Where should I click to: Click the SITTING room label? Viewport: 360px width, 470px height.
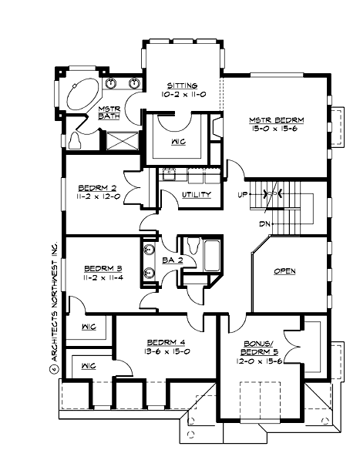point(180,85)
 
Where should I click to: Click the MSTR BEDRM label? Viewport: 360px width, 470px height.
point(276,120)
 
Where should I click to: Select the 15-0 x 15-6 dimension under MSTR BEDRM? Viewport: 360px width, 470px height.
point(276,130)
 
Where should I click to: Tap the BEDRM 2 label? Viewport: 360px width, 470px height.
point(97,187)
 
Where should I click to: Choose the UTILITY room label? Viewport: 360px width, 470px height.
point(196,194)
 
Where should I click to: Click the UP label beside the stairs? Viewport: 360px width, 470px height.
point(243,194)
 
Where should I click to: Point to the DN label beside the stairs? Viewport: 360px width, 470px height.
point(243,223)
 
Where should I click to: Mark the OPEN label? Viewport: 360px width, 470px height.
point(284,271)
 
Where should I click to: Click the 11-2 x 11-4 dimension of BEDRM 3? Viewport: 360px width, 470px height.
point(103,279)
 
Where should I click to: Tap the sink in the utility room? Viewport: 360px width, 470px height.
point(169,176)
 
